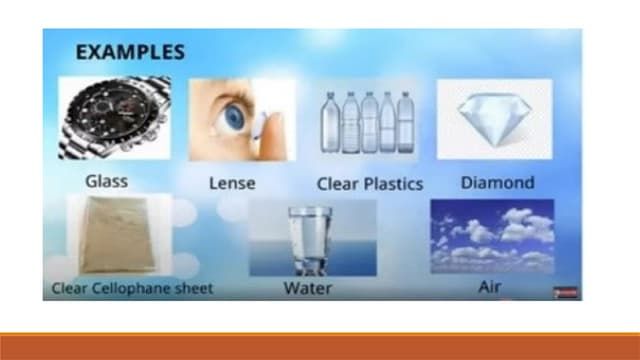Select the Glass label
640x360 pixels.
pos(108,182)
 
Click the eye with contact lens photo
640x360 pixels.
pos(241,121)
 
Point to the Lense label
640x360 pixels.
pos(232,184)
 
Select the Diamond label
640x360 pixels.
pos(497,183)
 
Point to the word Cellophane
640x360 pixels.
pos(138,290)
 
